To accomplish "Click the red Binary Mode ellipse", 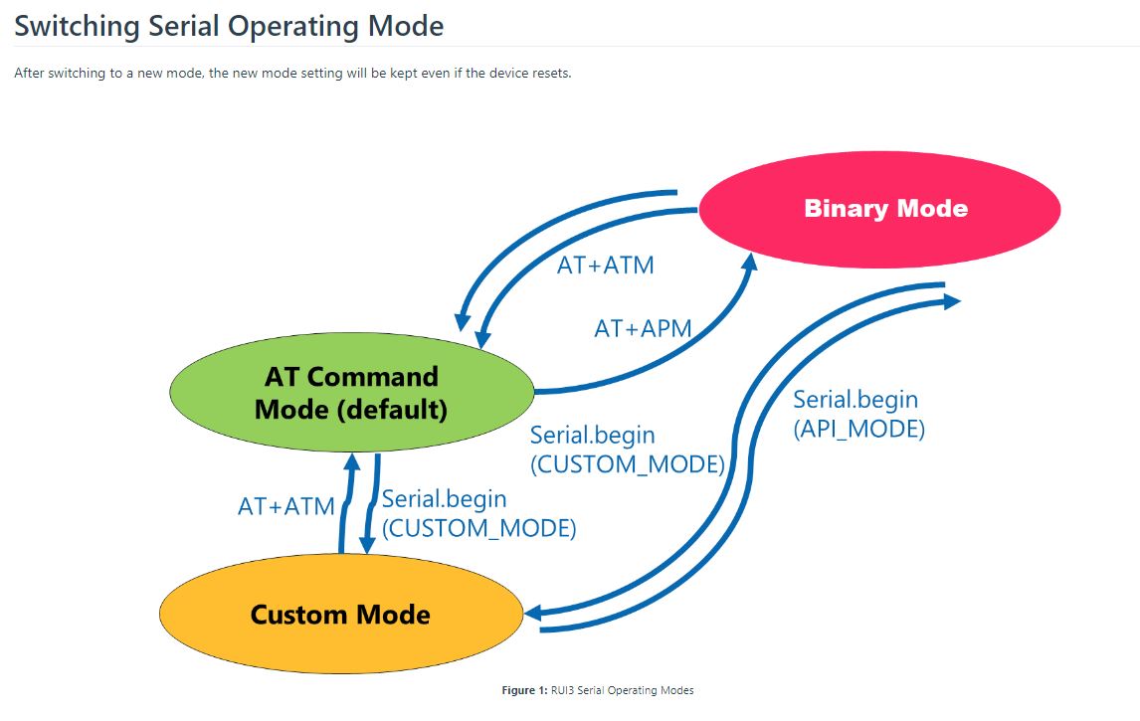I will [x=879, y=209].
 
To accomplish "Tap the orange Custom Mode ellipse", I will [x=340, y=614].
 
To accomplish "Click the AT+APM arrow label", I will [x=643, y=328].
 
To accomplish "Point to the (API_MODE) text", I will [x=859, y=430].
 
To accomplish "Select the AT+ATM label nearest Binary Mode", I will [x=606, y=266].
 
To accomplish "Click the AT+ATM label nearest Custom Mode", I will [x=286, y=506].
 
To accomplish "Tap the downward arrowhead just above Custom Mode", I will [x=367, y=543].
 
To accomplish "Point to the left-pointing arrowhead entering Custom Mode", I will [x=532, y=613].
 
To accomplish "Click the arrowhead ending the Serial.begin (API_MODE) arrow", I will [x=952, y=299].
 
